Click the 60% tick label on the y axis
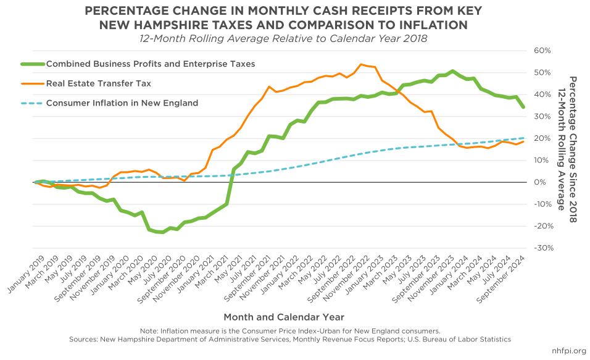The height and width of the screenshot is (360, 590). [x=540, y=50]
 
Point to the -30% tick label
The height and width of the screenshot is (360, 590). [x=540, y=248]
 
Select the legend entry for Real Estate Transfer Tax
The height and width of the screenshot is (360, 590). [x=98, y=83]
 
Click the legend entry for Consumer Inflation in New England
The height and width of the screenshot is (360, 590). [x=122, y=103]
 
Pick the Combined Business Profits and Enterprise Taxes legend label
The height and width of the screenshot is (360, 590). [x=150, y=64]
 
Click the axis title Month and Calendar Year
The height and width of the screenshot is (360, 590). [x=284, y=317]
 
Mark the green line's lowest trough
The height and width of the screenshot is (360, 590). [x=162, y=232]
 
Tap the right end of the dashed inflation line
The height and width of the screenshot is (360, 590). [x=523, y=138]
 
